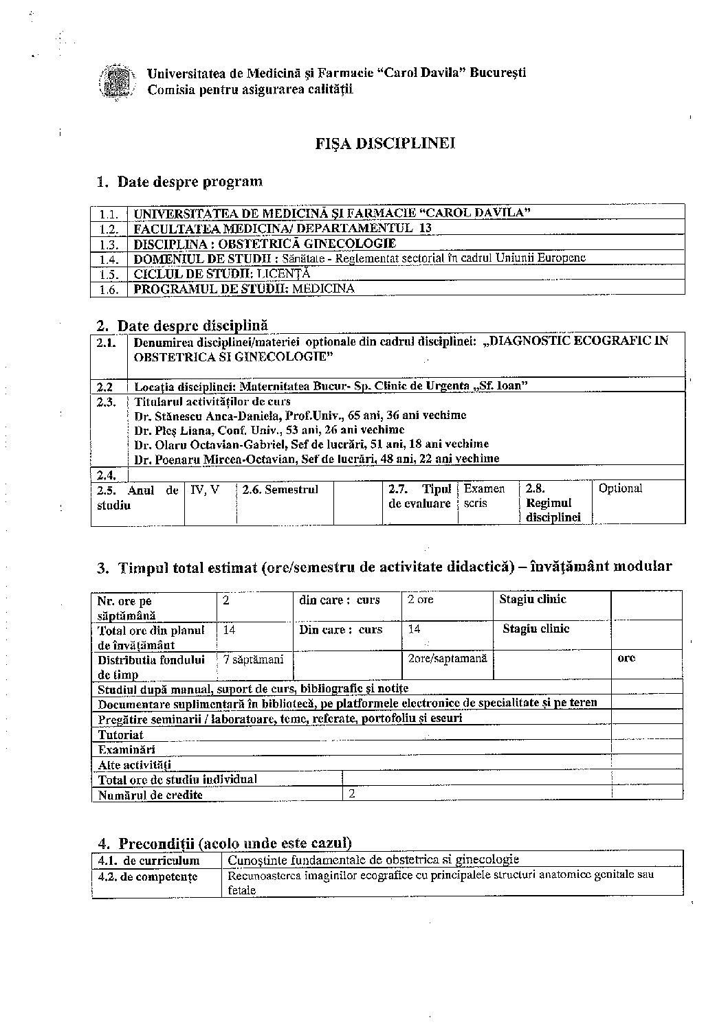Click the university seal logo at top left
pos(114,81)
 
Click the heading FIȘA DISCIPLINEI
pos(384,143)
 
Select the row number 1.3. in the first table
pos(109,244)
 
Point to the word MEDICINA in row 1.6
pos(323,289)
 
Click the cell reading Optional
pos(620,488)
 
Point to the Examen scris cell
pos(484,496)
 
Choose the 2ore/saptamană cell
pos(447,658)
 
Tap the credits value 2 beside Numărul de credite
pos(353,793)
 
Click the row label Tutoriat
pos(121,734)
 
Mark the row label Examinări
pos(126,749)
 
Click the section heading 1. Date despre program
pos(179,182)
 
